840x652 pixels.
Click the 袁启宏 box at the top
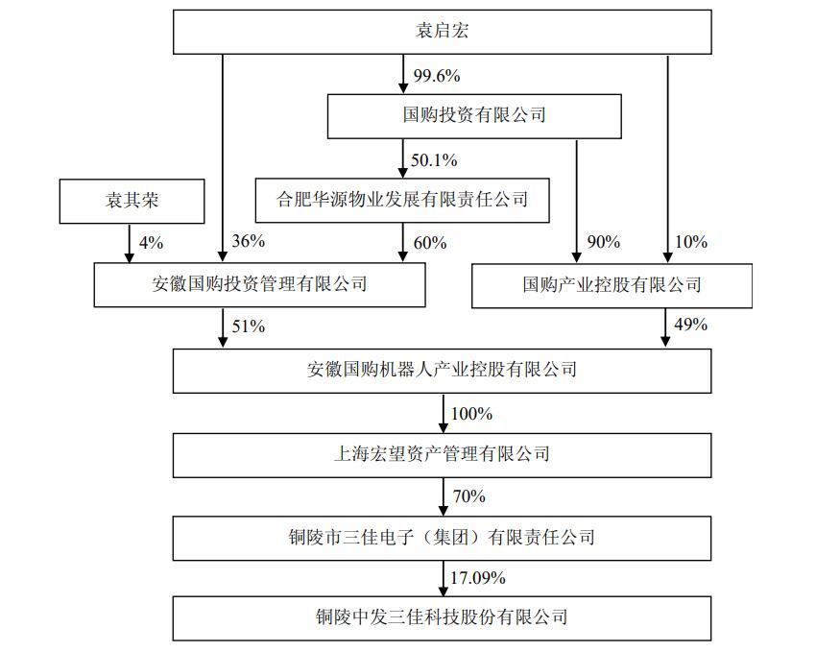[442, 32]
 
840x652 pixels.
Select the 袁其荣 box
[132, 201]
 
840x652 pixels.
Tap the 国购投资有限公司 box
[474, 116]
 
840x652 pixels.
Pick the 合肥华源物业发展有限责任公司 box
[402, 201]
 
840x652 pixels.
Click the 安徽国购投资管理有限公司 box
[260, 284]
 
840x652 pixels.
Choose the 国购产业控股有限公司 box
[612, 285]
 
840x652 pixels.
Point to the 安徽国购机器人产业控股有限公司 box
[442, 371]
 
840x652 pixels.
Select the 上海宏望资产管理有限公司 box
[442, 455]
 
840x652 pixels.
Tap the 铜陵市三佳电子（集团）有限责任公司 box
[442, 539]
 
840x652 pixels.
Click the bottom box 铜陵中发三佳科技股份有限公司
[442, 618]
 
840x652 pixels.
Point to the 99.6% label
[437, 76]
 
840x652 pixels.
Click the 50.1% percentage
[434, 160]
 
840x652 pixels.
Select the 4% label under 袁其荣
[151, 243]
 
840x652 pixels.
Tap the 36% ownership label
[248, 241]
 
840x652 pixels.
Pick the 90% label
[603, 242]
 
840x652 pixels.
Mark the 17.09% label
[478, 578]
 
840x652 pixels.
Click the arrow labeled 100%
[443, 414]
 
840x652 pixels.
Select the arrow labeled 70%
[443, 497]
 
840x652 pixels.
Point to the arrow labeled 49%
[665, 327]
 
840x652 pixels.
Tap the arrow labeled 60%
[403, 242]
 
